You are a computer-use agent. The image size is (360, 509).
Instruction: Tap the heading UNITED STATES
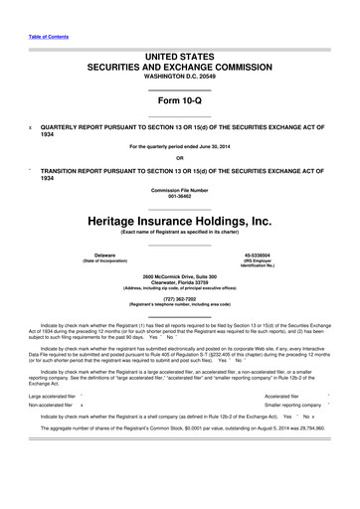pos(179,61)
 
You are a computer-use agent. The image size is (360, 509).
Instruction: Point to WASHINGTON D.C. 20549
pos(179,83)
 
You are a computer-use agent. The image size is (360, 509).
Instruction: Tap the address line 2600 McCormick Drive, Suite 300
pos(179,274)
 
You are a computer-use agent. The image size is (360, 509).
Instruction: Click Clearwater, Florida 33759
pos(179,280)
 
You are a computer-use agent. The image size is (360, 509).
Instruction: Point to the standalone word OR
pos(179,157)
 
